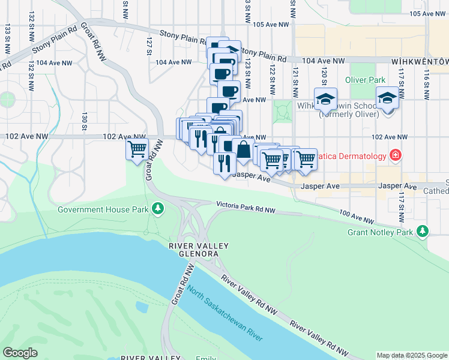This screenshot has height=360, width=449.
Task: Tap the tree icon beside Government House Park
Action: click(158, 209)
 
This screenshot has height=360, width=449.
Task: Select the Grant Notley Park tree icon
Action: click(423, 231)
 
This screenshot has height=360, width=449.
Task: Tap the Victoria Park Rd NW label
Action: click(246, 206)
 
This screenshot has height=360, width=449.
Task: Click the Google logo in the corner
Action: click(20, 353)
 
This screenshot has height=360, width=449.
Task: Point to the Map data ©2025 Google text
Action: click(411, 355)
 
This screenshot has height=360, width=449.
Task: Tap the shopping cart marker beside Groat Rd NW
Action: click(137, 148)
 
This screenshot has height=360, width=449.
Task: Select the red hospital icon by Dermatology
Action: click(395, 157)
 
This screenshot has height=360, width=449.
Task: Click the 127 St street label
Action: click(149, 46)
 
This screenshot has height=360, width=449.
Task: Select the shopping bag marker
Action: click(243, 150)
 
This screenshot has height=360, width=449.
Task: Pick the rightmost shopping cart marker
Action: click(306, 160)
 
